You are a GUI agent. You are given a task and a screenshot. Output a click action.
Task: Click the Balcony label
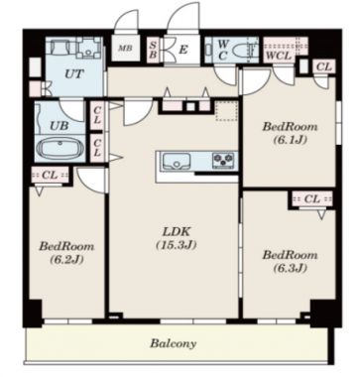point(174,343)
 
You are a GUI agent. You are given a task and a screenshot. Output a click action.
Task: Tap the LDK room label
point(177,231)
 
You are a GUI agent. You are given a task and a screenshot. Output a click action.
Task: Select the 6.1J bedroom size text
point(290,140)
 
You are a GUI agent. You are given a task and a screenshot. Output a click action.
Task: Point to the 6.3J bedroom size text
point(290,268)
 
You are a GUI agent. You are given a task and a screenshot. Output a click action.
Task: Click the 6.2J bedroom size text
point(66,259)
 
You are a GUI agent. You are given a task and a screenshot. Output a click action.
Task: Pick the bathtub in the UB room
point(60,149)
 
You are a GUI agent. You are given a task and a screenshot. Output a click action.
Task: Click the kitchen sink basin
point(177,162)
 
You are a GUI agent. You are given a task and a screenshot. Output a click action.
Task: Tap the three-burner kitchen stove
point(224,161)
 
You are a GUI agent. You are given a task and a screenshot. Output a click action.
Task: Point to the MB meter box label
point(125,49)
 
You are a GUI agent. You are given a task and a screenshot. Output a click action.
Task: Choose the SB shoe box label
point(153,50)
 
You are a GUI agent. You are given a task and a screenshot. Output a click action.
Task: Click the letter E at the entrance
point(183,50)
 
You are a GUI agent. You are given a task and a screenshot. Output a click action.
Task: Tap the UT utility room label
point(74,74)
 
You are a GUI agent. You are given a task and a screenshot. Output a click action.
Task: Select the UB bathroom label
point(60,125)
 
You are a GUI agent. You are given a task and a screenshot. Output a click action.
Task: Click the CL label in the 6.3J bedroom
point(312,198)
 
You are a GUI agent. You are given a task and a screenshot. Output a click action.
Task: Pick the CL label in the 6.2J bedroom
point(50,175)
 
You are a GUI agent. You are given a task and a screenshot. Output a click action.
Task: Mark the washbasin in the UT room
point(88,49)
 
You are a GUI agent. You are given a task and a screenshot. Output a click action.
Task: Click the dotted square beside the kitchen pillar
point(226,111)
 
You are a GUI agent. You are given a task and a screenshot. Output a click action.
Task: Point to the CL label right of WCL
point(324,67)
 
